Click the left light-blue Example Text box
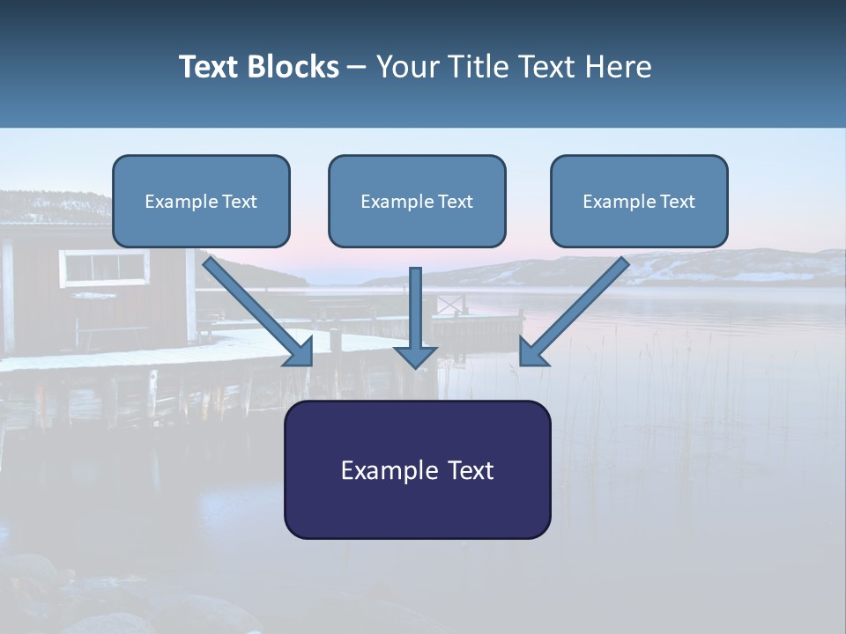pos(201,201)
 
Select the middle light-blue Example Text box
pos(417,201)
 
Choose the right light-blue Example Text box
pos(639,201)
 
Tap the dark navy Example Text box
pos(417,469)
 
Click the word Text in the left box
pos(239,202)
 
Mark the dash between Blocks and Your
pos(357,68)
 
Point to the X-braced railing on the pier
pos(450,305)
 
